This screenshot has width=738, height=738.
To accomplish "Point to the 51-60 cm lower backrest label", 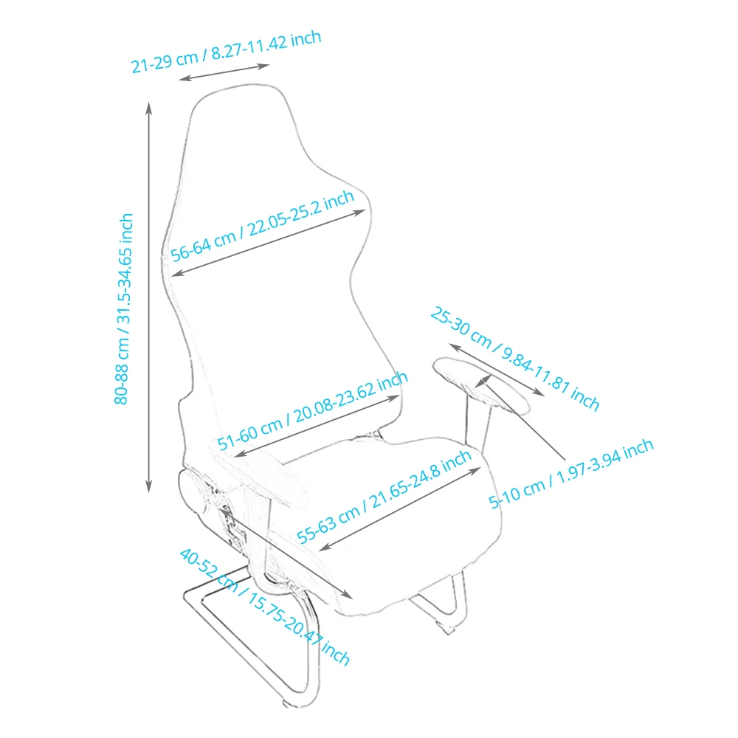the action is pyautogui.click(x=312, y=412).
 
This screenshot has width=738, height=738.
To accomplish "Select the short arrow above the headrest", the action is pyautogui.click(x=224, y=72).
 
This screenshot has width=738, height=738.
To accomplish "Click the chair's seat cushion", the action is pyautogui.click(x=413, y=517).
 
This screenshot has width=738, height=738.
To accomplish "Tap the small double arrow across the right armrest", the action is pyautogui.click(x=483, y=380).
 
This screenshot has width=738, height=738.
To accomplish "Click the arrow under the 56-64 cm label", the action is pyautogui.click(x=269, y=243).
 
